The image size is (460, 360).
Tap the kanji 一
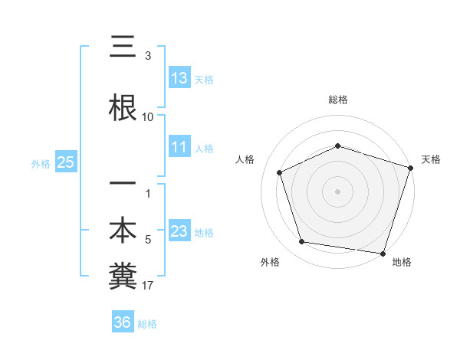click(123, 184)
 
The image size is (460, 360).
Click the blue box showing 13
click(179, 78)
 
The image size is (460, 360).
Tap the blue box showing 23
click(179, 231)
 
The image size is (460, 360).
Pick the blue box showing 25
click(65, 162)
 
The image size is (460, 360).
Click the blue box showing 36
click(123, 322)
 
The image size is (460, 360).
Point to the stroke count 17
click(148, 286)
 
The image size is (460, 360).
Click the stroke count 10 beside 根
click(148, 117)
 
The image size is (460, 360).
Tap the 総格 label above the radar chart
click(338, 100)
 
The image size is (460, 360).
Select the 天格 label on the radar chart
click(432, 159)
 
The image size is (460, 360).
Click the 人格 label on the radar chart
click(245, 159)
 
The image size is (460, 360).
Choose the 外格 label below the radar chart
click(270, 262)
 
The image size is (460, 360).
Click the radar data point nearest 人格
click(280, 172)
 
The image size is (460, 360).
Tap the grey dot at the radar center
click(338, 191)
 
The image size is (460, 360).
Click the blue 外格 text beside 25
click(40, 163)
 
